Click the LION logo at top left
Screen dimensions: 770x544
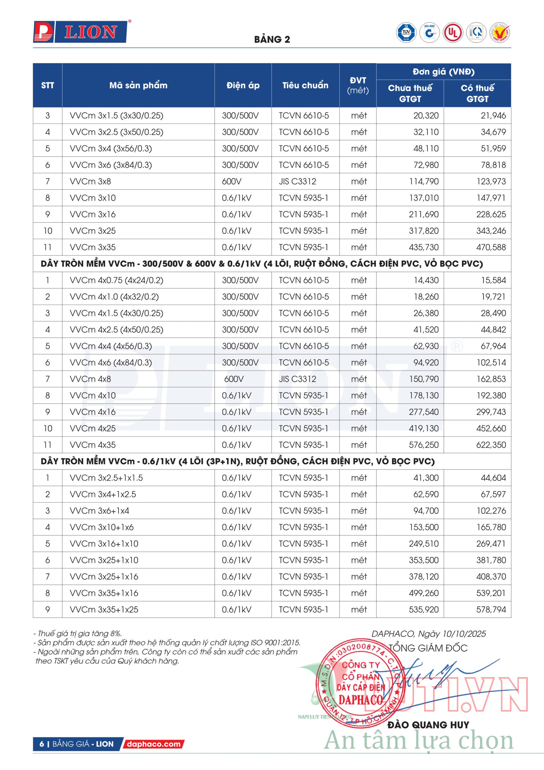click(x=81, y=32)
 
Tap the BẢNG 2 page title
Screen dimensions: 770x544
click(x=272, y=40)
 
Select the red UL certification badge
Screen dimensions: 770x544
click(x=453, y=32)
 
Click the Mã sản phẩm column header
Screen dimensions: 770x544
click(x=138, y=85)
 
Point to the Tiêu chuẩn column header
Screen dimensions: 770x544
click(x=305, y=85)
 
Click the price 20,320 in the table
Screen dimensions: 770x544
click(x=426, y=116)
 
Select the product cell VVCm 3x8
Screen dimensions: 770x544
click(x=90, y=181)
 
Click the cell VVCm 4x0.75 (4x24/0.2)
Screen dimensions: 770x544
click(x=116, y=280)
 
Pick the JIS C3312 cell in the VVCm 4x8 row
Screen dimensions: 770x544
click(x=297, y=379)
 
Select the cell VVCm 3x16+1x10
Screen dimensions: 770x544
click(x=104, y=544)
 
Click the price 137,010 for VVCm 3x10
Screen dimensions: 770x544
click(x=423, y=198)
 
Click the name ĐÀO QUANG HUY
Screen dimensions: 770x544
click(x=428, y=725)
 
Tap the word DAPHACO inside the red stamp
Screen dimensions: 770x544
click(x=360, y=700)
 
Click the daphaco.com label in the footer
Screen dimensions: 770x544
click(x=154, y=744)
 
